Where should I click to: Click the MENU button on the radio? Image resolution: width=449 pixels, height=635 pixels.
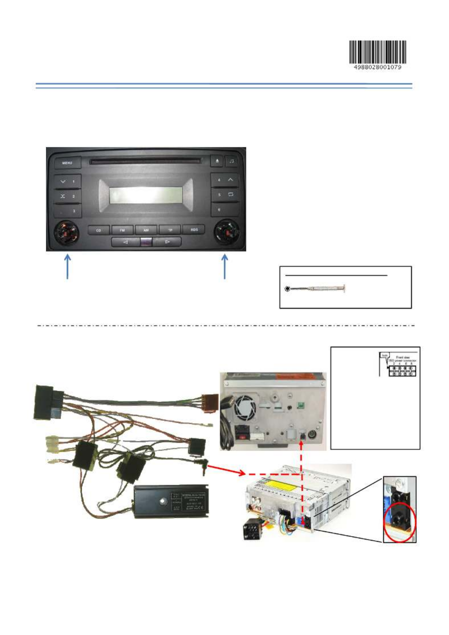pyautogui.click(x=67, y=163)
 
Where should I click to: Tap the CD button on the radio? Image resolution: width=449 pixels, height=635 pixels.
pyautogui.click(x=99, y=230)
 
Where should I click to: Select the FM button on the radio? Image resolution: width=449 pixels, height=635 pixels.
pyautogui.click(x=122, y=230)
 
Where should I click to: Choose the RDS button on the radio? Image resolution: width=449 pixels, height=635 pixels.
pyautogui.click(x=194, y=230)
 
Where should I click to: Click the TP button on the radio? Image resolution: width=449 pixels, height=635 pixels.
pyautogui.click(x=170, y=230)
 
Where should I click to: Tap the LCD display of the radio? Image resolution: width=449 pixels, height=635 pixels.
pyautogui.click(x=146, y=195)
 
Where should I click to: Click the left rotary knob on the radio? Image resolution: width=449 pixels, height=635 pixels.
pyautogui.click(x=66, y=233)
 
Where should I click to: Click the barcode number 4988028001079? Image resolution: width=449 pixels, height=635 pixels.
pyautogui.click(x=377, y=67)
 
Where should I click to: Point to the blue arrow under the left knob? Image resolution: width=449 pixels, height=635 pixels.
pyautogui.click(x=68, y=267)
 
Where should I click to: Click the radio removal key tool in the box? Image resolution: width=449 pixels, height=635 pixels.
pyautogui.click(x=315, y=289)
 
